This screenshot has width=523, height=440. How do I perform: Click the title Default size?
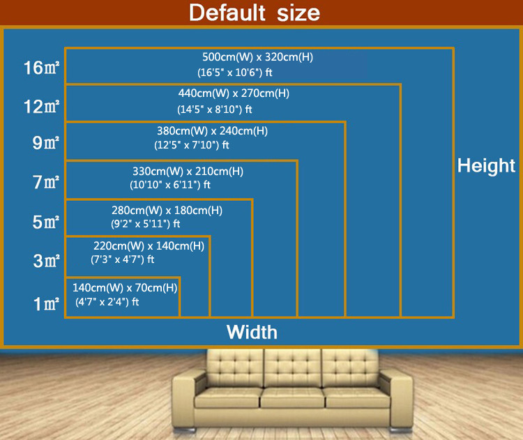click(x=255, y=13)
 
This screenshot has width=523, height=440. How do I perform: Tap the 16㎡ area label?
click(x=41, y=68)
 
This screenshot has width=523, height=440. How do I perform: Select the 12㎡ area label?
click(x=41, y=107)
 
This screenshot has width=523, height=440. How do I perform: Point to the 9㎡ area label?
click(x=45, y=144)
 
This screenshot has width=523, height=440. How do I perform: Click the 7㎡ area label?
click(x=45, y=183)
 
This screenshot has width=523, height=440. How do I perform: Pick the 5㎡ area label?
click(x=45, y=223)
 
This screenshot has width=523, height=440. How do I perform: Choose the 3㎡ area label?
click(x=45, y=261)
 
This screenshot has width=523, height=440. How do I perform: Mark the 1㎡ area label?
click(x=45, y=304)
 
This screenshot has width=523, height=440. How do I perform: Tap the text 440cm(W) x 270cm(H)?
click(x=234, y=93)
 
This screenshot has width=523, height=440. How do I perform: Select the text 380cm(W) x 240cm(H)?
click(x=212, y=130)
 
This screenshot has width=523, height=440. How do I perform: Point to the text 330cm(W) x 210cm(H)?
click(x=188, y=171)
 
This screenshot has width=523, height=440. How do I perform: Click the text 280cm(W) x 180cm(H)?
click(x=167, y=210)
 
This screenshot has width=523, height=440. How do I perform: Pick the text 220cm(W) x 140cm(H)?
click(x=149, y=245)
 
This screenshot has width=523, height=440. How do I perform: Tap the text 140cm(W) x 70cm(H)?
click(x=125, y=287)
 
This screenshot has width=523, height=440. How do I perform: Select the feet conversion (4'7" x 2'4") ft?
click(x=107, y=302)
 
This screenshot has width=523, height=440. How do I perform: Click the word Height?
click(x=486, y=166)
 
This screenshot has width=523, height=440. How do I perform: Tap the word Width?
click(x=252, y=332)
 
